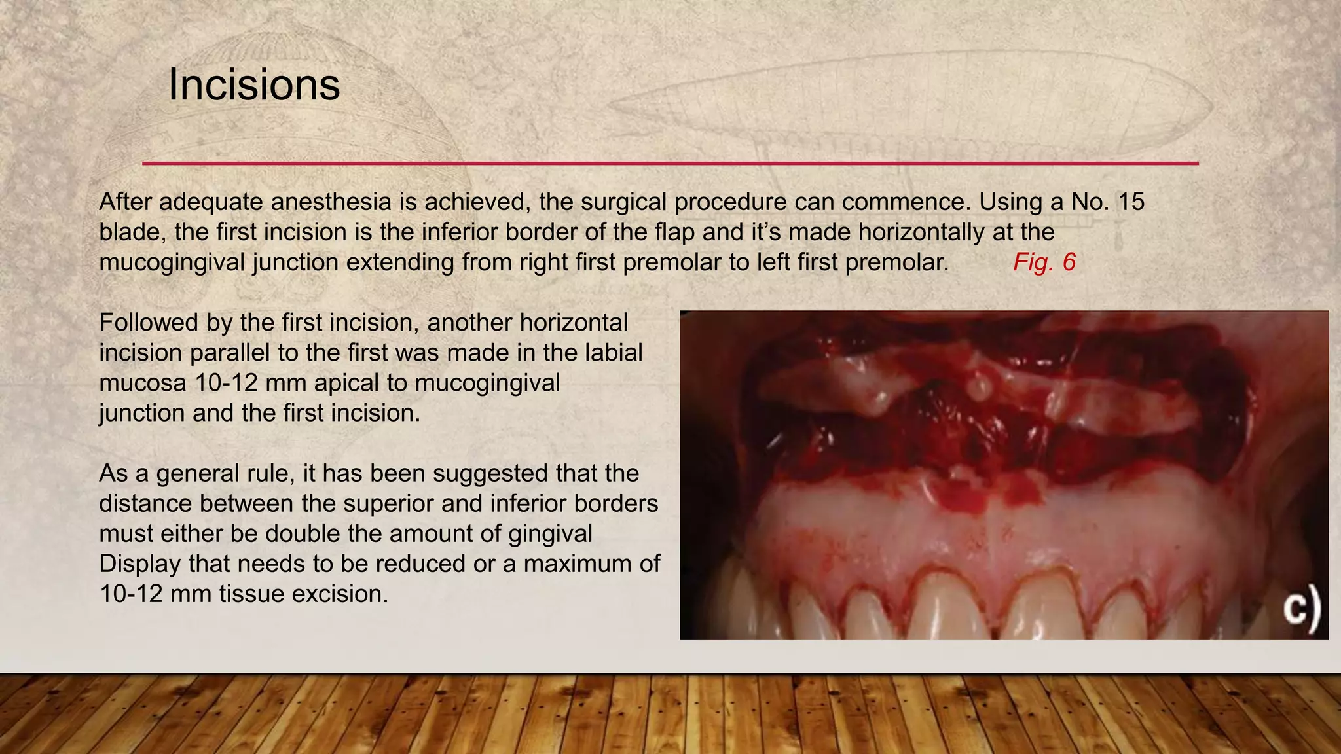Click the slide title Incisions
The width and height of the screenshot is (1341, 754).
click(x=254, y=85)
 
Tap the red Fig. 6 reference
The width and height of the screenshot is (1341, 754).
click(x=1044, y=262)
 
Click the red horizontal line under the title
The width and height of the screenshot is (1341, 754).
click(x=670, y=163)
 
